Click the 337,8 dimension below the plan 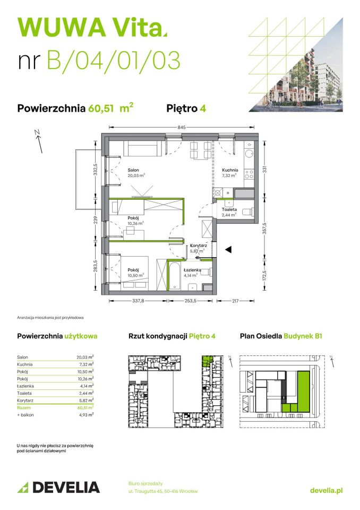click(x=138, y=301)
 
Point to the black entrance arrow click(x=228, y=249)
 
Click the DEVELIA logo click(x=58, y=487)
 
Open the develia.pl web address click(x=326, y=491)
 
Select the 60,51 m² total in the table click(x=85, y=407)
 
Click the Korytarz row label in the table click(x=25, y=399)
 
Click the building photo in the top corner click(x=305, y=80)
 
